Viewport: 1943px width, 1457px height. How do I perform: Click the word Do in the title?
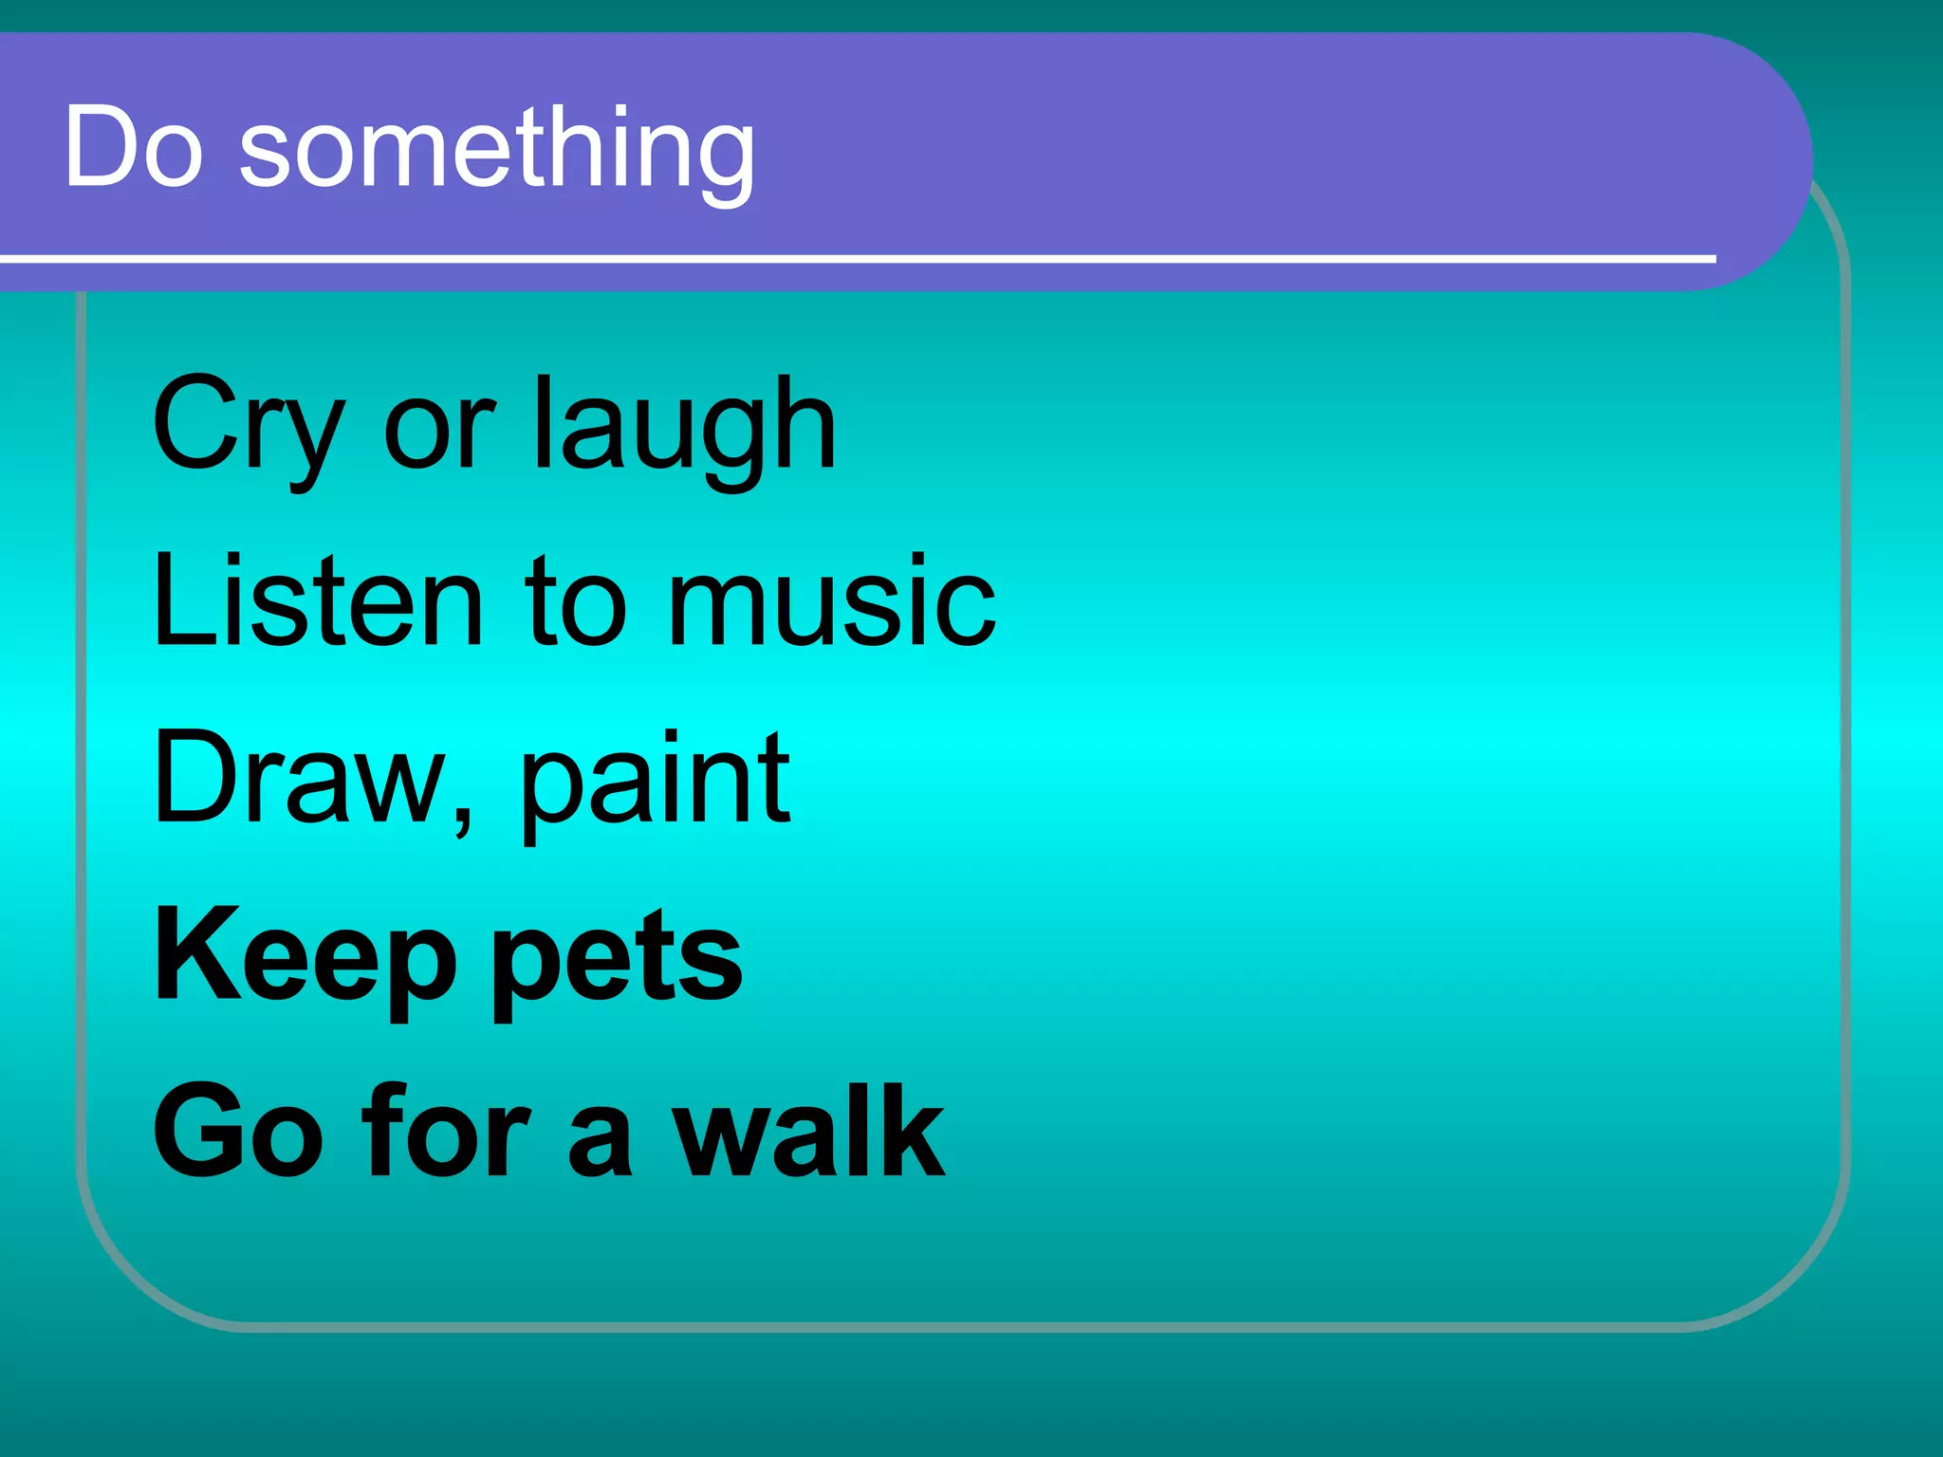(134, 147)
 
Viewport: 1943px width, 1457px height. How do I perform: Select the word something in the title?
(497, 152)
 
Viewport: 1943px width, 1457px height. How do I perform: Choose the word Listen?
(318, 600)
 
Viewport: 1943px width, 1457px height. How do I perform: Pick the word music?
(831, 600)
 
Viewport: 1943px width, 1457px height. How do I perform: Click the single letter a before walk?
(600, 1138)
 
